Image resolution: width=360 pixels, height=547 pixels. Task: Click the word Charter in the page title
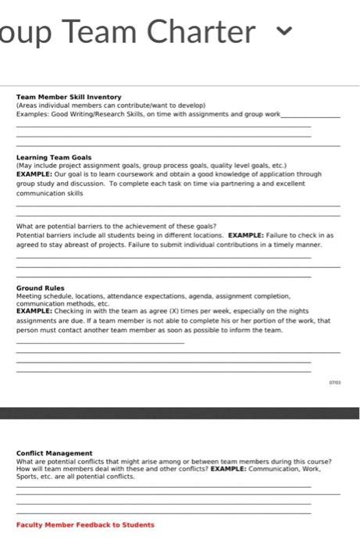tap(205, 32)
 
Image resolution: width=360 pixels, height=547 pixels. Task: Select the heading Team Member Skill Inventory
tap(69, 97)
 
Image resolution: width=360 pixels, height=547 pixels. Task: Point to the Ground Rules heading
tap(41, 288)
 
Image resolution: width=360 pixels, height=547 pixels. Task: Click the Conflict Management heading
tap(54, 453)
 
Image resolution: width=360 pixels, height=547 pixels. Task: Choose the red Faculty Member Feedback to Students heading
tap(85, 525)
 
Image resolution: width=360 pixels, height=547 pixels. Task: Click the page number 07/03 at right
tap(334, 382)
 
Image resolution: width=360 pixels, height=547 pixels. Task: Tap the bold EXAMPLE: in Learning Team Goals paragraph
tap(34, 175)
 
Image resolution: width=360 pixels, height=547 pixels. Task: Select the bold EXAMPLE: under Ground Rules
tap(34, 311)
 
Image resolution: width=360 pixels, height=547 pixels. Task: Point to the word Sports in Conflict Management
tap(26, 476)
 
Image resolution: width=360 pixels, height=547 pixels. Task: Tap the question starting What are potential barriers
tap(116, 227)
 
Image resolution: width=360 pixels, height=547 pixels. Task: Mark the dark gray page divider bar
tap(180, 413)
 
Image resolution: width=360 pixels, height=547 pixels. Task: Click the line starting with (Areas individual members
tap(110, 105)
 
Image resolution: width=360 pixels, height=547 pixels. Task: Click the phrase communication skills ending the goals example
tap(49, 192)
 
